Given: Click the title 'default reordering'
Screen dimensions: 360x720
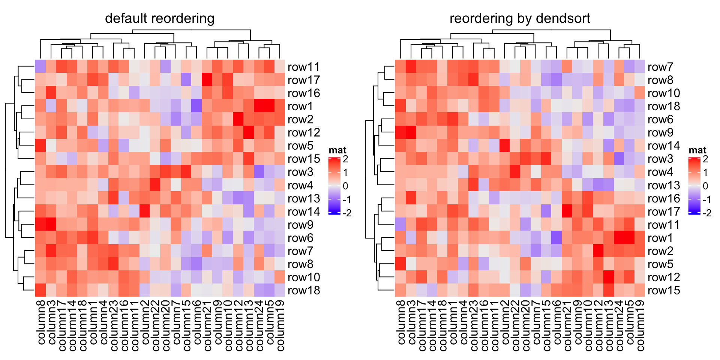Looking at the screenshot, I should pos(159,18).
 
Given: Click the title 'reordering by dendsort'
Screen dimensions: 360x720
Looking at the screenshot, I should pos(520,18).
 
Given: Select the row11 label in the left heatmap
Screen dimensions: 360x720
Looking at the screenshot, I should pos(303,67).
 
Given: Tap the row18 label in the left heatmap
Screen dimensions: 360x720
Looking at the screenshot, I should pos(303,290).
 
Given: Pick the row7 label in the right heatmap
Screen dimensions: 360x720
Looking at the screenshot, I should pos(660,67).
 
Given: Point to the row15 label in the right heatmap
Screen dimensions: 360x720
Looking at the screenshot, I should pos(663,290).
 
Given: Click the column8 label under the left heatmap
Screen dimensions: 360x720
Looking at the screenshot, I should pos(41,322).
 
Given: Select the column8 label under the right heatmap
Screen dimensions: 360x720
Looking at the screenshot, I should pos(401,322).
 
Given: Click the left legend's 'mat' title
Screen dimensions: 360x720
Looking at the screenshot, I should pos(337,150).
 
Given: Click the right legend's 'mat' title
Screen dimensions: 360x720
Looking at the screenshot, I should pos(697,150).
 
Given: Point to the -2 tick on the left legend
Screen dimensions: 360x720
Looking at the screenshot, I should pos(347,213).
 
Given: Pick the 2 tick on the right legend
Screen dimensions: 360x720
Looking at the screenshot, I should pos(705,159).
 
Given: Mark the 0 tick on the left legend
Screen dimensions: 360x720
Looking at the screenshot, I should pos(345,186).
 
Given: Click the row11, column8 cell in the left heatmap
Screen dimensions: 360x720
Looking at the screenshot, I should pos(40,66).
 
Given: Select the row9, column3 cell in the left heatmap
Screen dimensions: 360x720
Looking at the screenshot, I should pos(51,225).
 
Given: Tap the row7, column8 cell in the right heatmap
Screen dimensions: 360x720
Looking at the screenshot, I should pos(400,66).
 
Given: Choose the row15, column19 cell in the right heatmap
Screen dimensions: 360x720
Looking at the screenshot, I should pos(640,290).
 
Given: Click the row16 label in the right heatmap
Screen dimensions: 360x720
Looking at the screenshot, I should pos(663,198).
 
